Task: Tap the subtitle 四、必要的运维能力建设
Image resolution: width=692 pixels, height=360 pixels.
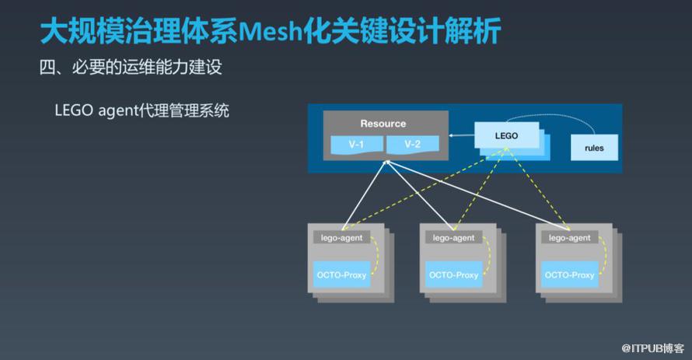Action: pos(131,67)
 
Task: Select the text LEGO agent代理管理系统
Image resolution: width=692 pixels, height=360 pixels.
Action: pos(142,110)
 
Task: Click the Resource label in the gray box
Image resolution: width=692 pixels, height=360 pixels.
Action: pos(383,124)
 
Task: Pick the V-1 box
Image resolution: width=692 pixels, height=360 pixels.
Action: pos(357,145)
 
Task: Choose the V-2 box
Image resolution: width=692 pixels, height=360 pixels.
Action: pos(413,145)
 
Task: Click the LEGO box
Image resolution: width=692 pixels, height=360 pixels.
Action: pos(507,135)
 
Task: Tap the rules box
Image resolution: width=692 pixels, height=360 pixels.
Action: pos(594,148)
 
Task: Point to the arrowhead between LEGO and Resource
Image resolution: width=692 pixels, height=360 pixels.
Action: pos(451,135)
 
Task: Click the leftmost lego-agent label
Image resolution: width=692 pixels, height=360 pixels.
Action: pos(341,238)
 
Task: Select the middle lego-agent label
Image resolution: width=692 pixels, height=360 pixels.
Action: pos(453,238)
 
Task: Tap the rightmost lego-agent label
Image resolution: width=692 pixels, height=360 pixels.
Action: pos(569,238)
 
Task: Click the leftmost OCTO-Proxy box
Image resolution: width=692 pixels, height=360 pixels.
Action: pos(341,274)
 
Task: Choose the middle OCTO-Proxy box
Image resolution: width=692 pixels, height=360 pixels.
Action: pos(453,274)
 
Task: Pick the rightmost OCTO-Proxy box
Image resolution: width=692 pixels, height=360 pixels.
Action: pos(569,274)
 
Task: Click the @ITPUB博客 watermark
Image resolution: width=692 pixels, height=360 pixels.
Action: pos(652,348)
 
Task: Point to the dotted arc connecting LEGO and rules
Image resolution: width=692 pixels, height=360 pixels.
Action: pos(550,116)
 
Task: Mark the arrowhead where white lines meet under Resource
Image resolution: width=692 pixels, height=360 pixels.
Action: pos(387,163)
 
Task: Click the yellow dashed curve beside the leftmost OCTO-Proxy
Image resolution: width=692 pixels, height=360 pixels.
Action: pos(376,256)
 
